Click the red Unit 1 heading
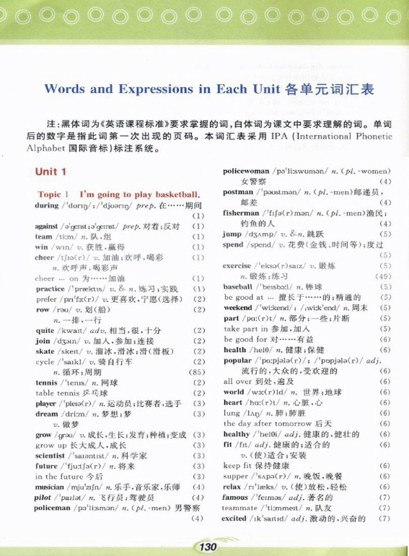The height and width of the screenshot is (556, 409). pos(51,172)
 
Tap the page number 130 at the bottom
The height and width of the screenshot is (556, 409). pos(208,546)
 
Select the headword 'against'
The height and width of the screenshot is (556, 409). pos(46,226)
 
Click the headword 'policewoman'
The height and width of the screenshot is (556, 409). pos(246,171)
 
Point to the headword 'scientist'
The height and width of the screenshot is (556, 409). pos(50,456)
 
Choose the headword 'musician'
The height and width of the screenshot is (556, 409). pos(50,487)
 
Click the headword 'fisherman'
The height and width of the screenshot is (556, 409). pos(241,213)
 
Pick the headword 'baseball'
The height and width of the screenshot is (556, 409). pos(238,287)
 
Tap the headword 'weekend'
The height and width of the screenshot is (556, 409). pos(238,308)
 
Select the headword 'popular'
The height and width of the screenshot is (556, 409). pos(238,360)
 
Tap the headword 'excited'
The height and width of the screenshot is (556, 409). pos(234,518)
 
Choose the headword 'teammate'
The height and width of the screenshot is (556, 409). pos(240,508)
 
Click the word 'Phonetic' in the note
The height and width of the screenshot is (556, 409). pos(374,136)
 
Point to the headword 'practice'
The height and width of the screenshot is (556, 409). pos(50,289)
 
